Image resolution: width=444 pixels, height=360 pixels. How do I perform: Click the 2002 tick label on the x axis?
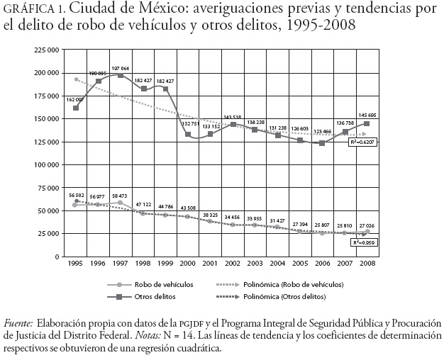coord(232,263)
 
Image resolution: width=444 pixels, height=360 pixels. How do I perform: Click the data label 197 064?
coord(121,68)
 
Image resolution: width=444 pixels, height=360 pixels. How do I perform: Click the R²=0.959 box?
coord(365,242)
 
